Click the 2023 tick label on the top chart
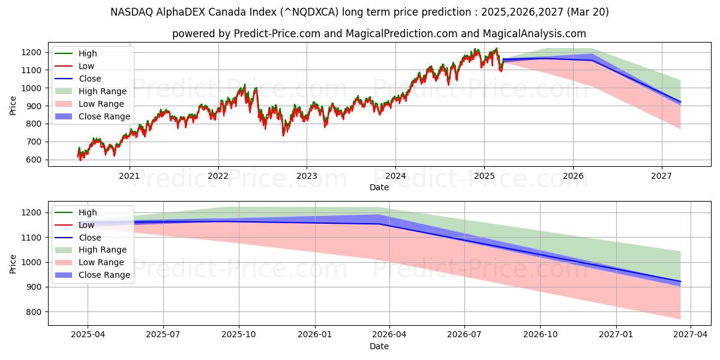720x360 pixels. (307, 175)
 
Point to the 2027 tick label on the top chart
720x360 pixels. (662, 175)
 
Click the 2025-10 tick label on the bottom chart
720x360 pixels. (239, 335)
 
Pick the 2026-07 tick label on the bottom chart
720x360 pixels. (465, 335)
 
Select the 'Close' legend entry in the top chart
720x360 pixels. (90, 79)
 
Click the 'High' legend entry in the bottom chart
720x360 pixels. (88, 212)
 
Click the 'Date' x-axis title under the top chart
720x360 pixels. (379, 187)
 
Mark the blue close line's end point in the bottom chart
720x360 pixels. (680, 281)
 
